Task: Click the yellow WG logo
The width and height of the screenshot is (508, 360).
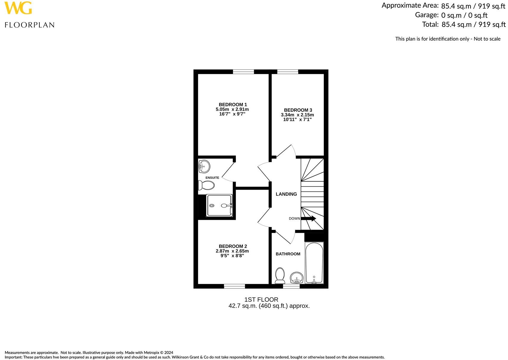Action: coord(18,8)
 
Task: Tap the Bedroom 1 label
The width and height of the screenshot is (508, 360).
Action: coord(233,105)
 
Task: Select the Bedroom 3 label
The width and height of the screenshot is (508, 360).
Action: coord(298,110)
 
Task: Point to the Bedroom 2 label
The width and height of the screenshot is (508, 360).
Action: coord(233,246)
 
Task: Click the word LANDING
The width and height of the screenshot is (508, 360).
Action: coord(286,194)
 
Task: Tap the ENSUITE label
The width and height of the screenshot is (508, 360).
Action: coord(212,178)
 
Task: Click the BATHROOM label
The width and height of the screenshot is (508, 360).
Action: coord(288,254)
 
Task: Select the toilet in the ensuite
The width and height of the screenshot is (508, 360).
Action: coord(206,185)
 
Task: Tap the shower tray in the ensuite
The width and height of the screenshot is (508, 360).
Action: coord(219,205)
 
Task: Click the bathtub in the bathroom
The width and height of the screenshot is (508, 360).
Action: coord(314,263)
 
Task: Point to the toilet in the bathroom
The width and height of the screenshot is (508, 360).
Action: coord(280,275)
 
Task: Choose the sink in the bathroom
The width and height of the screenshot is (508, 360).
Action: coord(297,278)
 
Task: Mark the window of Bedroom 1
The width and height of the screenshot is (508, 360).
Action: coord(243,71)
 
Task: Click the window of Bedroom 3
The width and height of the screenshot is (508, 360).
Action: coord(288,71)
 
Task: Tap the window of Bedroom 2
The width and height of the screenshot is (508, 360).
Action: coord(234,286)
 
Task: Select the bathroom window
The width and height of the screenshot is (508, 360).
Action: coord(291,286)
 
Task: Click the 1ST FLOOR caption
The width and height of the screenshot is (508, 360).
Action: coord(261,300)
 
